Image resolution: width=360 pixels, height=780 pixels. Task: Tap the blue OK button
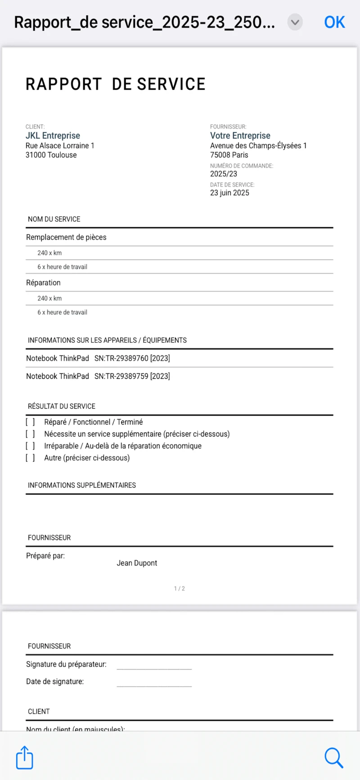tap(334, 22)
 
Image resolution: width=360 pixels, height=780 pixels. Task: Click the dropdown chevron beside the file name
tap(295, 22)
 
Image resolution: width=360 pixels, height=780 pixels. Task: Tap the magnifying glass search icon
tap(333, 758)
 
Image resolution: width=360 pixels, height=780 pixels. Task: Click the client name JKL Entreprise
tap(53, 135)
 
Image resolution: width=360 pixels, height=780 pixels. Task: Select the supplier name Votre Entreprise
tap(240, 135)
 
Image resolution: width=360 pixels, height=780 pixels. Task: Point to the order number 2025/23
tap(223, 174)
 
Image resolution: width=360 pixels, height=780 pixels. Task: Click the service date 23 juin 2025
tap(229, 193)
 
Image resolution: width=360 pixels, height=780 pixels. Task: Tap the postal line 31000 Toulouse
tap(51, 155)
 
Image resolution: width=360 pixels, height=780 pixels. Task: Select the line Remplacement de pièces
tap(66, 237)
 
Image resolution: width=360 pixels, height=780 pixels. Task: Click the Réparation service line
tap(43, 282)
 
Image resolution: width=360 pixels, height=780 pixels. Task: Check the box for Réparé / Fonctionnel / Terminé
tap(30, 422)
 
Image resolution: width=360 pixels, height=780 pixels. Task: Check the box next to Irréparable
tap(30, 446)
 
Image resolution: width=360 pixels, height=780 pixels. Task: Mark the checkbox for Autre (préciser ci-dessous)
tap(30, 458)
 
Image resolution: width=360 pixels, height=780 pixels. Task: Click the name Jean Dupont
tap(137, 563)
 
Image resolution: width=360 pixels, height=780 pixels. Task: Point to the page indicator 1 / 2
tap(179, 588)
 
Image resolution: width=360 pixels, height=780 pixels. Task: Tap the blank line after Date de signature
tap(154, 684)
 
